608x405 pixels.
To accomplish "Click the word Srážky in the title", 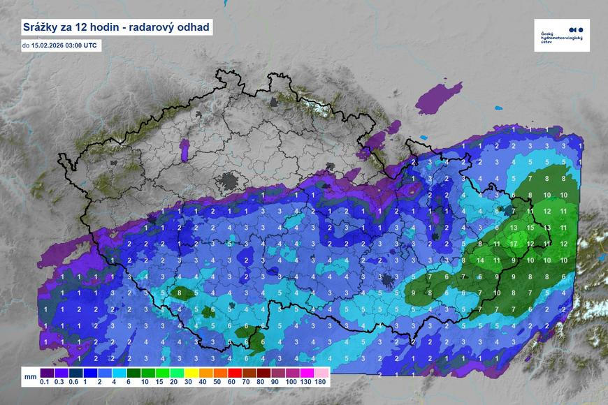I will tap(41, 28).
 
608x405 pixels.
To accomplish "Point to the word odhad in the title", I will tap(191, 28).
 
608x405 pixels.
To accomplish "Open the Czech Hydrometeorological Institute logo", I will tap(561, 35).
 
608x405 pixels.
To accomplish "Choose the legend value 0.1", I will tap(45, 382).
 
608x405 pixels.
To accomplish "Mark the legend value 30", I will tap(188, 382).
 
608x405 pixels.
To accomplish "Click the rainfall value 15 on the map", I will tap(531, 228).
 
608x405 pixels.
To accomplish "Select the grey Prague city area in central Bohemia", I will tap(229, 183).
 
